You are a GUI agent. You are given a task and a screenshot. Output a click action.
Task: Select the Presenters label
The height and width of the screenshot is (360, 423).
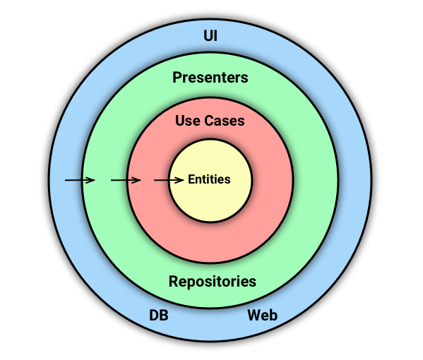coord(210,78)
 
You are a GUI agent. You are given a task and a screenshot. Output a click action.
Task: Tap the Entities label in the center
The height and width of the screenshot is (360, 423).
coord(209,179)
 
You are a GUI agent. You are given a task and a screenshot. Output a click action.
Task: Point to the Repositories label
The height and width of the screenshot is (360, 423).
coord(212,282)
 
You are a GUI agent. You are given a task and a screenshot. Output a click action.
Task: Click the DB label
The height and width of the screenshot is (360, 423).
coord(158,315)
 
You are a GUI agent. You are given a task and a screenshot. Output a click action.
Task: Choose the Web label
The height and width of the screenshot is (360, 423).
coord(262,315)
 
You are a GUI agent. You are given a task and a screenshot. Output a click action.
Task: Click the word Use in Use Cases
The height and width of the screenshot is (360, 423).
coord(186,121)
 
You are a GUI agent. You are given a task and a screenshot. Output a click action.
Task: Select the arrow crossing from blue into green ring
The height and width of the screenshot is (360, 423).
coord(80,181)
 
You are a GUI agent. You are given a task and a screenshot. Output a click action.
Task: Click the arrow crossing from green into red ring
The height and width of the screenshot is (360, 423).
coord(126,181)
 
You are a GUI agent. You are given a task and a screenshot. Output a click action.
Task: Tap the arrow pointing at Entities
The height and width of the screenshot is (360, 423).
coord(169,181)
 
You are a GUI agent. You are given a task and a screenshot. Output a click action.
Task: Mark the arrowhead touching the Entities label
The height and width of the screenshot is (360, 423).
coord(182,181)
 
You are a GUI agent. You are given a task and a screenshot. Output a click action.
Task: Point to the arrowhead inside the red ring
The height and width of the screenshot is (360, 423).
coord(138,181)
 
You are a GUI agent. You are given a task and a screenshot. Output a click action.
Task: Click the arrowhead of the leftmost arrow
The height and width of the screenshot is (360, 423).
coord(92,181)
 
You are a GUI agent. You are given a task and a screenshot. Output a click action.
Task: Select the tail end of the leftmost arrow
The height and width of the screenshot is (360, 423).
coord(66,181)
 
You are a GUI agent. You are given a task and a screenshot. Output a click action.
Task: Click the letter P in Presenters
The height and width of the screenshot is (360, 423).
coord(177,78)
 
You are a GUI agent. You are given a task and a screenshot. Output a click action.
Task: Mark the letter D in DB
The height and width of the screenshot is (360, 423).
coord(153,315)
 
